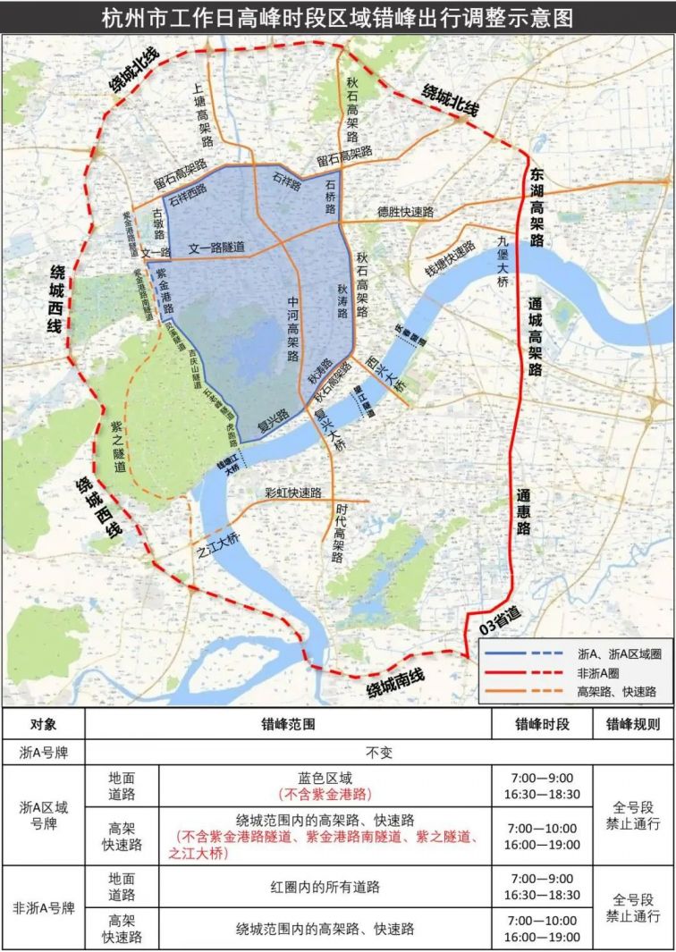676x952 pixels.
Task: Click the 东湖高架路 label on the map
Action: coord(537,208)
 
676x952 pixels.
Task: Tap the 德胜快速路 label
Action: coord(405,213)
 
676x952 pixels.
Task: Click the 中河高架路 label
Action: coord(292,329)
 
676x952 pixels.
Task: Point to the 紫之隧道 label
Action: coord(117,449)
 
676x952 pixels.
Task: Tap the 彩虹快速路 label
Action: coord(292,493)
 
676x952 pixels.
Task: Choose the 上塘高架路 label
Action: coord(202,115)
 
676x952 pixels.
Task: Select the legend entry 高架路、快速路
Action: coord(617,691)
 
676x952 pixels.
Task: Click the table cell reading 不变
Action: coord(380,753)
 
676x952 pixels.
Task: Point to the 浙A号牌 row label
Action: coord(43,753)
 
